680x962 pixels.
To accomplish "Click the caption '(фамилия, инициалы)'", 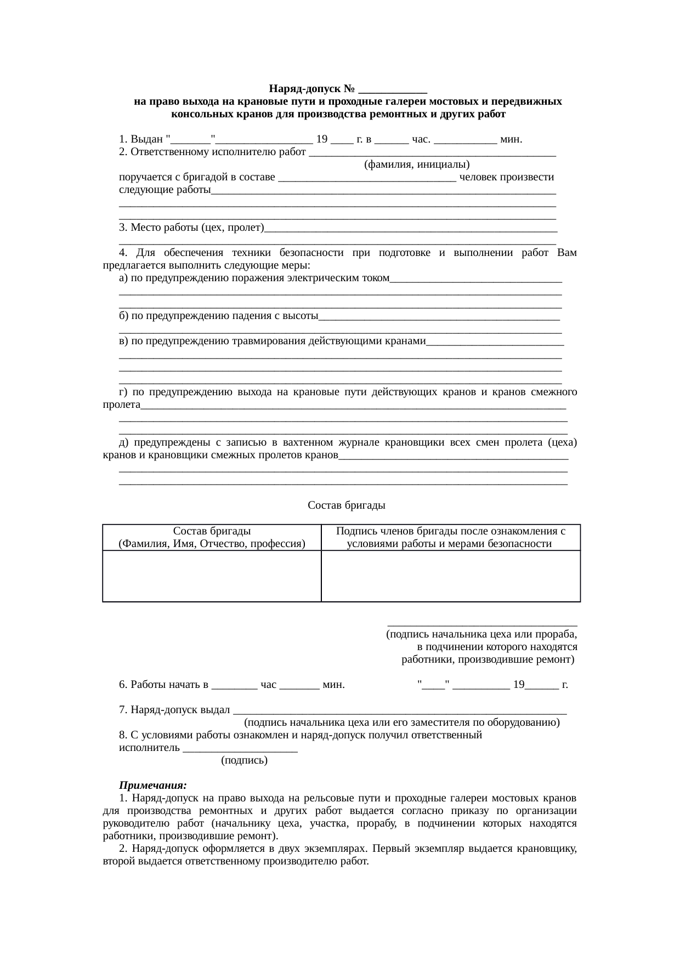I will (417, 164).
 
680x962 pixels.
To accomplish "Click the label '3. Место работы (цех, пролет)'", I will (191, 228).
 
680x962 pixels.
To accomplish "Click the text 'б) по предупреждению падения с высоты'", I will (219, 316).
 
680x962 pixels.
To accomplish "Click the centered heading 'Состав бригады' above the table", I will (346, 505).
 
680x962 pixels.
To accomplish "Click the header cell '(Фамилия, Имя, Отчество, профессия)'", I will (212, 544).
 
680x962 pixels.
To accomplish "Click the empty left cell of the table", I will (212, 576).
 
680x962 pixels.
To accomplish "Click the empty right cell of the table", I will (450, 576).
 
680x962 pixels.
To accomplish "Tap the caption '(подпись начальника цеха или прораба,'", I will (481, 635).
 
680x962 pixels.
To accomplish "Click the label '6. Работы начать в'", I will (164, 685).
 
